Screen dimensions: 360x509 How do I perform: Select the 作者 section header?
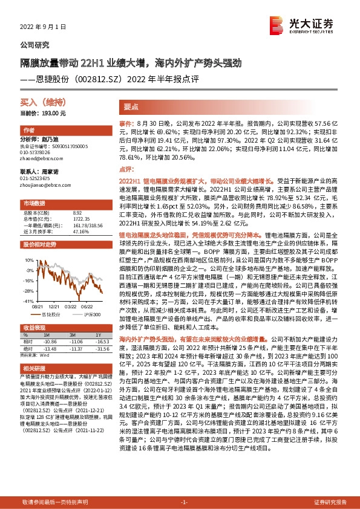tap(29, 131)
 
